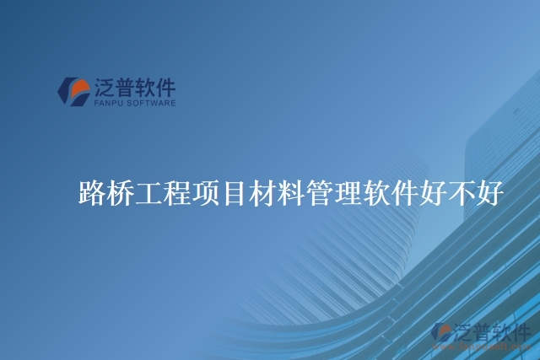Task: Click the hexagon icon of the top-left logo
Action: tap(73, 92)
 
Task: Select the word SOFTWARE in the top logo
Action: tap(149, 104)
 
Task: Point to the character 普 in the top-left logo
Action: tap(130, 87)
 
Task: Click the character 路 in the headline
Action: tap(91, 194)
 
